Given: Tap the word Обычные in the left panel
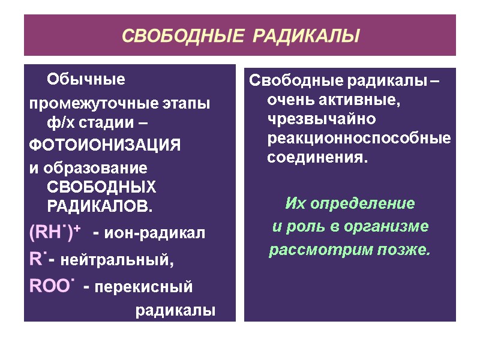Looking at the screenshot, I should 86,79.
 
